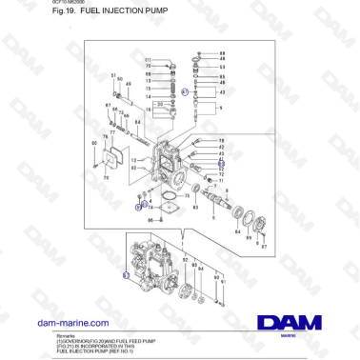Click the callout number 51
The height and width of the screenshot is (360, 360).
[x=113, y=75]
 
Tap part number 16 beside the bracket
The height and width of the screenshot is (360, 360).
[x=150, y=97]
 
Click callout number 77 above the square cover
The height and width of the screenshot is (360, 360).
[x=112, y=133]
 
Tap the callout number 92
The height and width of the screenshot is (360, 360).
[x=185, y=256]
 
